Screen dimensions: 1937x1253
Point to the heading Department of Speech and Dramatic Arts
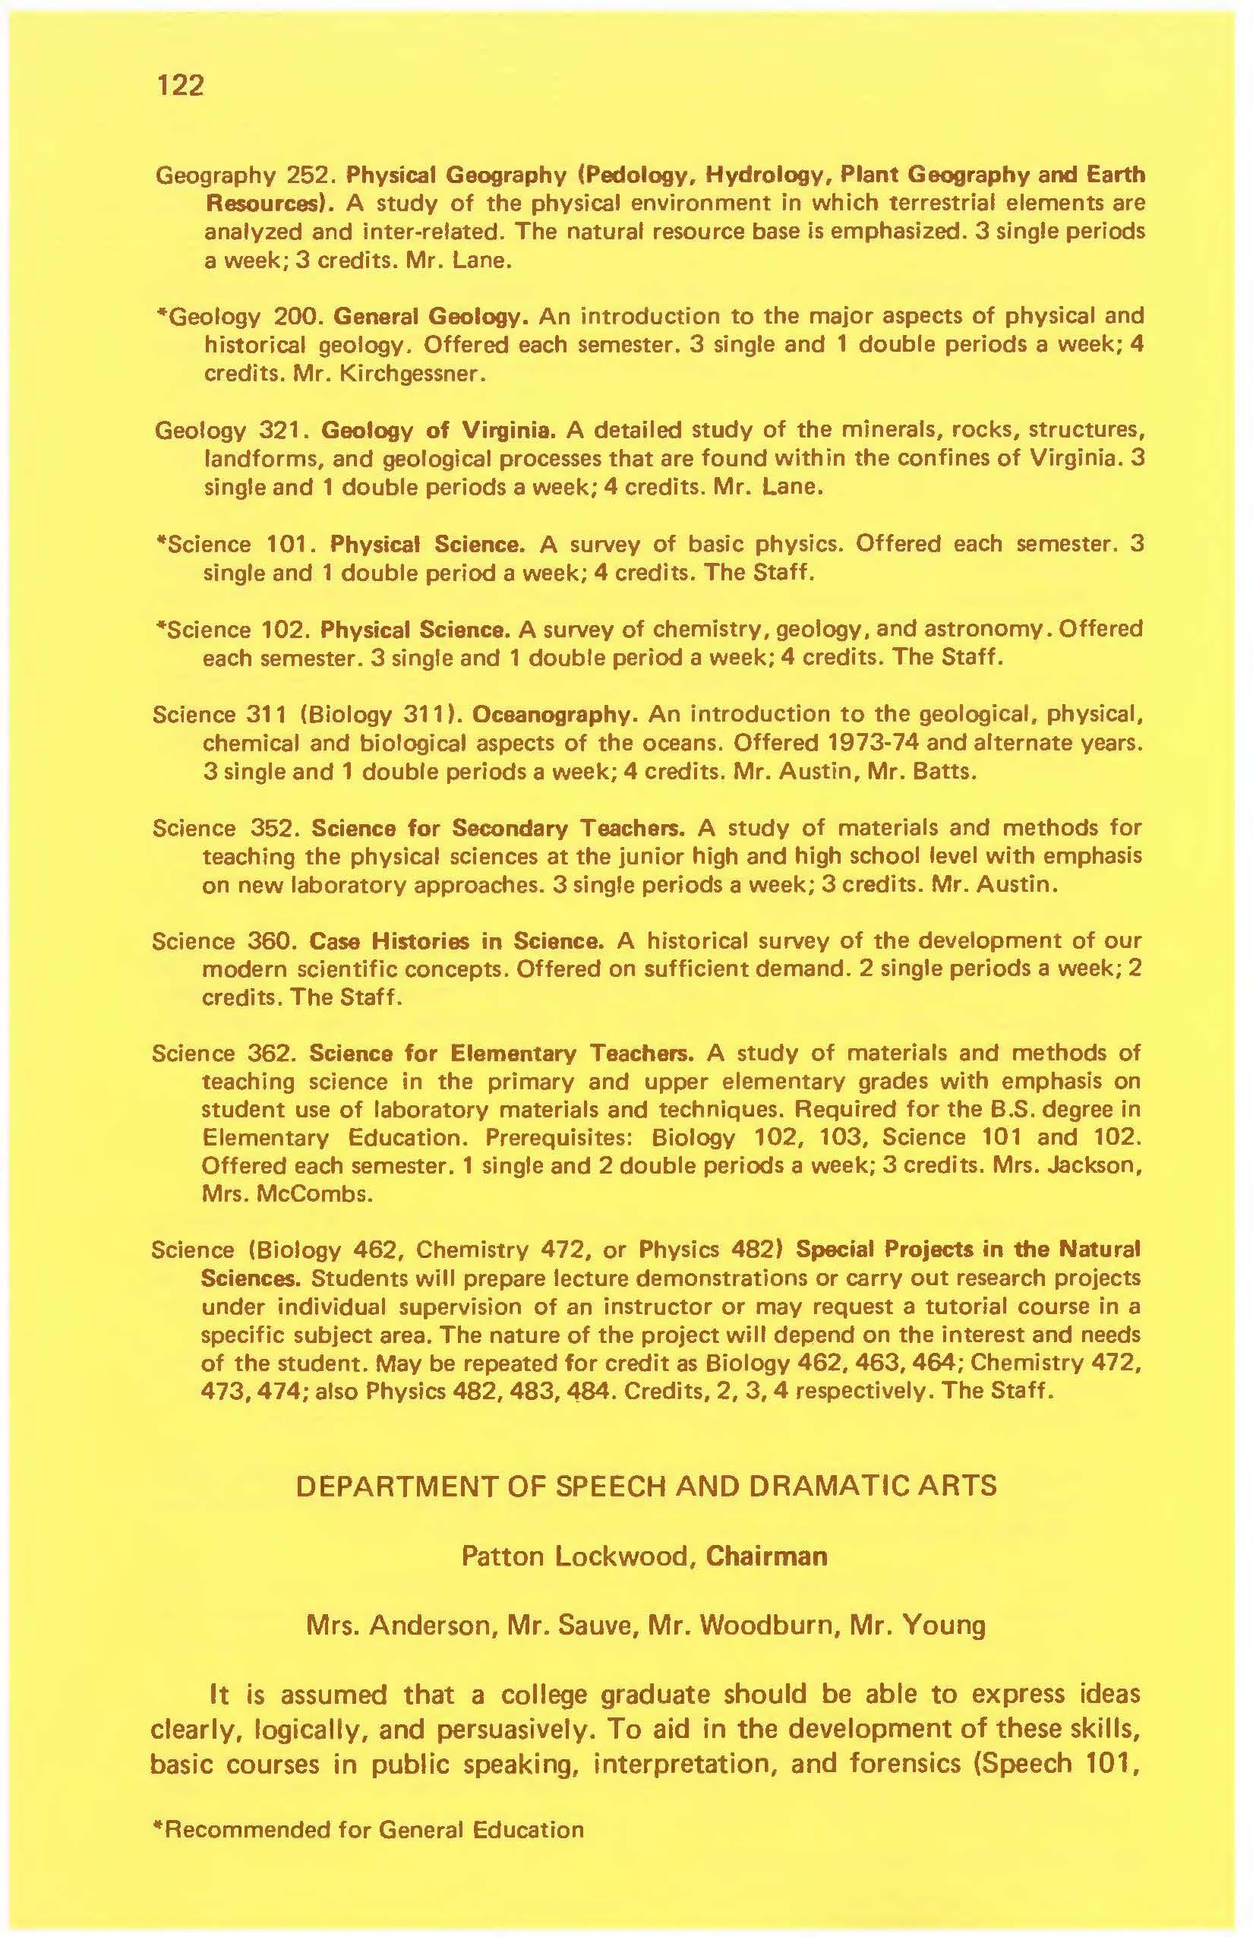point(646,1486)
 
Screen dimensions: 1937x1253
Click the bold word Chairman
point(767,1556)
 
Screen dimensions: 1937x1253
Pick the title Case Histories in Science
point(456,941)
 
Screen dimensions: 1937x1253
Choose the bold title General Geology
point(432,316)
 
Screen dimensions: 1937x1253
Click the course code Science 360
point(222,941)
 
